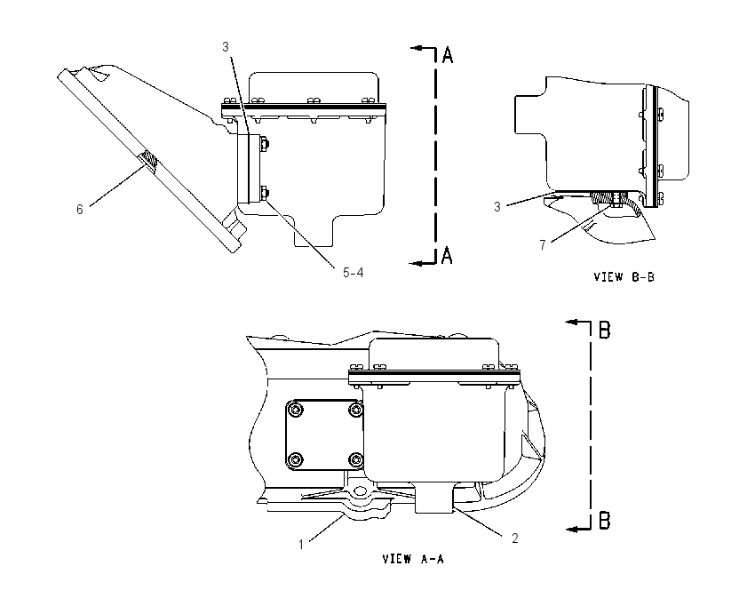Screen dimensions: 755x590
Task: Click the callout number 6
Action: click(x=79, y=210)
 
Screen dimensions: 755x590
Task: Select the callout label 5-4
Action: click(x=353, y=273)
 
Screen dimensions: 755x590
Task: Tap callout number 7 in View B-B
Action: click(x=543, y=245)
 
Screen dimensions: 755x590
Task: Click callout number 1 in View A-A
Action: click(x=301, y=545)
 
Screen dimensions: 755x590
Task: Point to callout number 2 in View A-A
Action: click(x=514, y=538)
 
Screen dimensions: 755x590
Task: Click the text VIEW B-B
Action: click(x=624, y=277)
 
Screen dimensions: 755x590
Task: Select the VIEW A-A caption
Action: click(x=413, y=559)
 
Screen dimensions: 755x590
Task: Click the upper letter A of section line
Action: click(x=448, y=55)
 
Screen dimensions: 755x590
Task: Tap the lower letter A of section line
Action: click(x=447, y=255)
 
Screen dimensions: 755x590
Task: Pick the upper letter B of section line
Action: click(x=604, y=330)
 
